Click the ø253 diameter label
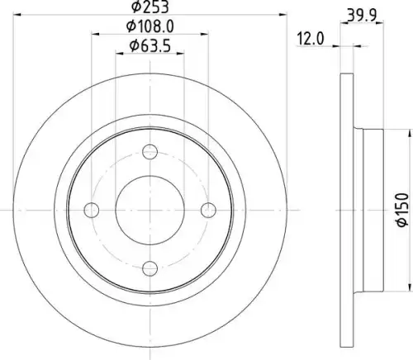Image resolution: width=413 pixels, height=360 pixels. pos(150,7)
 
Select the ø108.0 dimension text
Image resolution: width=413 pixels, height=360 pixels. pos(150,26)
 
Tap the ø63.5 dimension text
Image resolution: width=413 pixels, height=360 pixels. pos(150,45)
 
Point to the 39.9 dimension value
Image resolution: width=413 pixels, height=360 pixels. pos(362,16)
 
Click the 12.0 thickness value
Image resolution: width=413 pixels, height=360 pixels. pos(311,39)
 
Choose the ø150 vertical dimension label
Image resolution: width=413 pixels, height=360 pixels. pos(402,210)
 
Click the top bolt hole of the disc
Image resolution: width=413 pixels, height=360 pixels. pos(150,152)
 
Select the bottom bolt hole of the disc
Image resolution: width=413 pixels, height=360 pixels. pos(150,268)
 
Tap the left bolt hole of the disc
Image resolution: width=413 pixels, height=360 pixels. pos(92,210)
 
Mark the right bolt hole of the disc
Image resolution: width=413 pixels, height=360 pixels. pos(208,210)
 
